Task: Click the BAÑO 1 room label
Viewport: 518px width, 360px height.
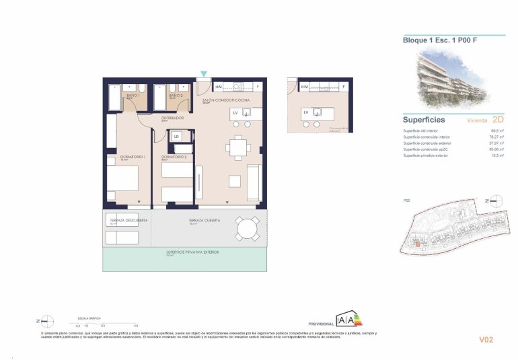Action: point(133,96)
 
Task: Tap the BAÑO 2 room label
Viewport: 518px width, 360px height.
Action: point(176,96)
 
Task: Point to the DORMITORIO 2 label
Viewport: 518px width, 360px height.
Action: point(174,157)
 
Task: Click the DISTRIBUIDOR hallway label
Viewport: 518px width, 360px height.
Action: point(173,118)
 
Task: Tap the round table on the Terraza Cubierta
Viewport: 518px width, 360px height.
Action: point(246,229)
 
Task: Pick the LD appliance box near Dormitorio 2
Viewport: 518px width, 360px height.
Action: point(176,136)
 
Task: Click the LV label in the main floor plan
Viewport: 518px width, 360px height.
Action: point(235,113)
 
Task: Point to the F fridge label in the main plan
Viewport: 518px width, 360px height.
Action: point(258,87)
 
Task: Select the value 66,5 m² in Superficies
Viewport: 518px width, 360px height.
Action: point(498,130)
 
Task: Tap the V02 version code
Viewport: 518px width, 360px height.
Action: point(486,339)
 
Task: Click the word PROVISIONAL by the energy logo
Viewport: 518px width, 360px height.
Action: point(320,324)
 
